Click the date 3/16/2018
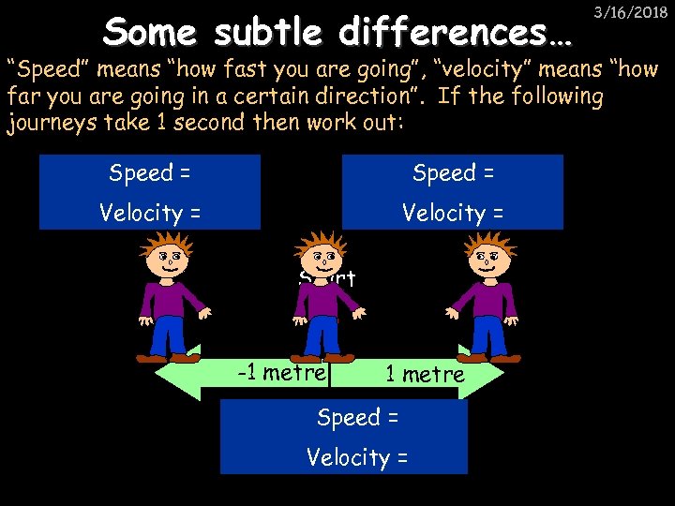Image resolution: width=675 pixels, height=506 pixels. (635, 13)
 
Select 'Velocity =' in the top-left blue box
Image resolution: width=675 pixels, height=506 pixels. (151, 214)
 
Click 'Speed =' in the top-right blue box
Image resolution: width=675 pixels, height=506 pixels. (454, 173)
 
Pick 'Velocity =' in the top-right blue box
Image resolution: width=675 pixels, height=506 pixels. (453, 214)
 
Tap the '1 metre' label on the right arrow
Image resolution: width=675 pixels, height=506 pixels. (424, 375)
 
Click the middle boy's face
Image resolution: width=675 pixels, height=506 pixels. (322, 257)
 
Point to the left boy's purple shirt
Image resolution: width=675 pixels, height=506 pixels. (172, 300)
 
